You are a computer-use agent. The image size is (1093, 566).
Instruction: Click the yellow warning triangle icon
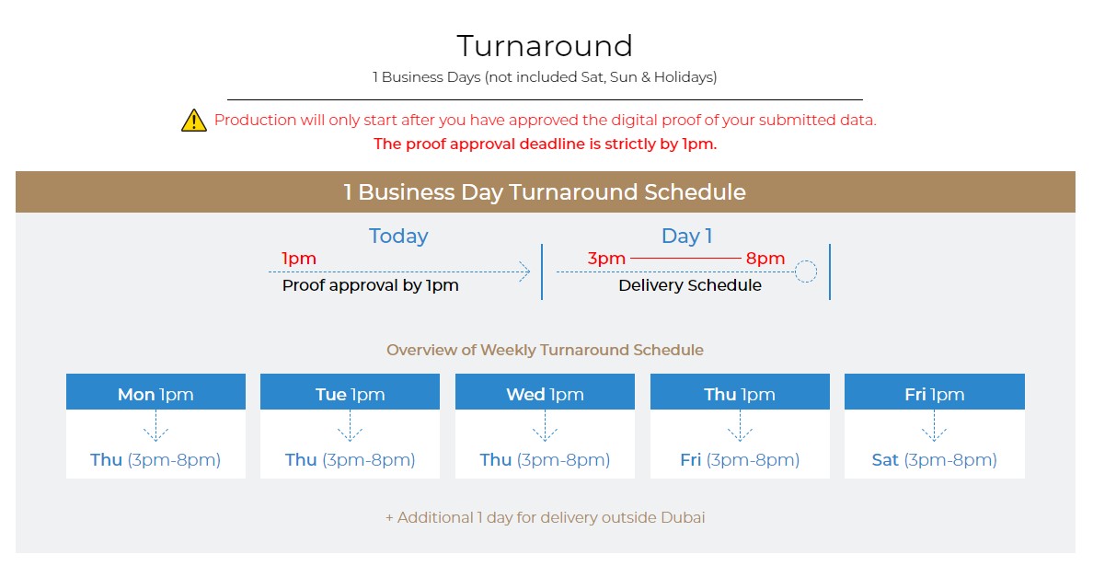194,121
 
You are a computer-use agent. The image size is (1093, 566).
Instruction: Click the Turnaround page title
545,46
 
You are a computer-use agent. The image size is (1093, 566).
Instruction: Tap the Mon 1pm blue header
155,392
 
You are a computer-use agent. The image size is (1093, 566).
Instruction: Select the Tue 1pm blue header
350,392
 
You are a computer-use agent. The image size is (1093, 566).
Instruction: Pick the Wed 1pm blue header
545,392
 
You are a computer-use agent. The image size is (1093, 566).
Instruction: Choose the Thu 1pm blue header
740,392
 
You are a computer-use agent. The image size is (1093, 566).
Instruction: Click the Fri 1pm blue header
934,392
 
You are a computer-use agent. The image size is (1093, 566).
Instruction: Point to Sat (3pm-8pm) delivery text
934,460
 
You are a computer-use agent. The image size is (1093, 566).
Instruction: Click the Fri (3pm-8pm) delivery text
740,460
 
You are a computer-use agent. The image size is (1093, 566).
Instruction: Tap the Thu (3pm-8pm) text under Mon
155,460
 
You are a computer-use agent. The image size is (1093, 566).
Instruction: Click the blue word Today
398,237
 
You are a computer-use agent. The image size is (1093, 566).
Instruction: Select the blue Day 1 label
686,237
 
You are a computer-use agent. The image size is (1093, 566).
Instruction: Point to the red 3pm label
606,259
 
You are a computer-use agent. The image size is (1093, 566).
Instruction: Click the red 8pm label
765,259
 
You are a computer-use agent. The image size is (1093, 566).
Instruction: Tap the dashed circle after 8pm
806,260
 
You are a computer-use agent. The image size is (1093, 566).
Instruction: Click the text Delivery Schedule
690,285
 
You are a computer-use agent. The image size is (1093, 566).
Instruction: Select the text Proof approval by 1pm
370,285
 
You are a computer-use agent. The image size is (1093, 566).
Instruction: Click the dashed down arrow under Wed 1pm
545,426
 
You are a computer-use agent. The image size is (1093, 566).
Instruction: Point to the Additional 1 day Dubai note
545,518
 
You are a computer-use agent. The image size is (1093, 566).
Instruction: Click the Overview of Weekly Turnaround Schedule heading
545,350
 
